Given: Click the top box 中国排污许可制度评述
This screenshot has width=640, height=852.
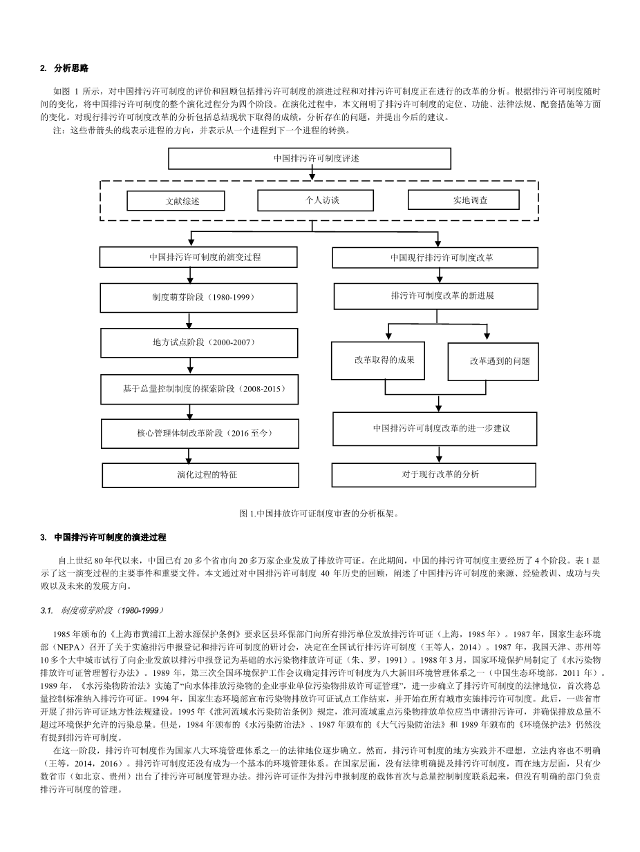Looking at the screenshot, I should [x=310, y=158].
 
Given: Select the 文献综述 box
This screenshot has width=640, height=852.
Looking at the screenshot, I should [x=176, y=201].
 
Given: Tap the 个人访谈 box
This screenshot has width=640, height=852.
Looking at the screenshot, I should [x=315, y=200].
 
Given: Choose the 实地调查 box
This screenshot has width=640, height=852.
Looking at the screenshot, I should [x=463, y=200].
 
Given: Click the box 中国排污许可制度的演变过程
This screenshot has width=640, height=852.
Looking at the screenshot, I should [x=198, y=257].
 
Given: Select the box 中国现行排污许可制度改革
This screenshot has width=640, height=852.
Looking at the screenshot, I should [x=435, y=258].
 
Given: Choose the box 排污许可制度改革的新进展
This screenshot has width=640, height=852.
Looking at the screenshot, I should [x=436, y=296].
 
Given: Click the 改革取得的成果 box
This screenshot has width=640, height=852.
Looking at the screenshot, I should [x=377, y=360].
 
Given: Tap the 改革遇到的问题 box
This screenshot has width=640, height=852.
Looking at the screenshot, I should [x=493, y=360].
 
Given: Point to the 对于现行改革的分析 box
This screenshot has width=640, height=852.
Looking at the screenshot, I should [x=434, y=474].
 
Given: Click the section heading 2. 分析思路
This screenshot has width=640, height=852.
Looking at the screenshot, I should [x=64, y=68].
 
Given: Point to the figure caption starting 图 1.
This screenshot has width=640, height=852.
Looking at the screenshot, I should [x=319, y=514].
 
